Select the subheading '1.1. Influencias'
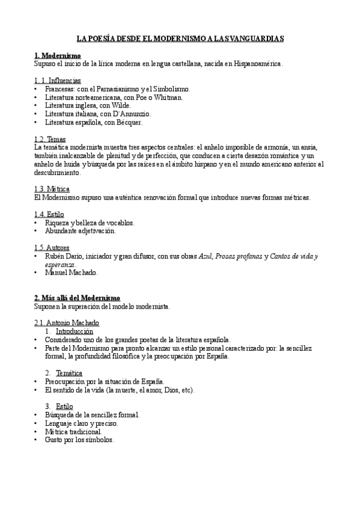point(58,80)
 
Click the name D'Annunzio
point(130,114)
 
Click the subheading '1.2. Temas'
point(50,139)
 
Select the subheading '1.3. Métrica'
point(52,189)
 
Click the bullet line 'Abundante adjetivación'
point(80,230)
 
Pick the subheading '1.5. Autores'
point(52,247)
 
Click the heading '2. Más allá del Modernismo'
point(77,298)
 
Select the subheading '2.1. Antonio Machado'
point(67,323)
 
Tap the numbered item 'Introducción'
point(74,331)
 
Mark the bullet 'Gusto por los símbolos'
point(79,440)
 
